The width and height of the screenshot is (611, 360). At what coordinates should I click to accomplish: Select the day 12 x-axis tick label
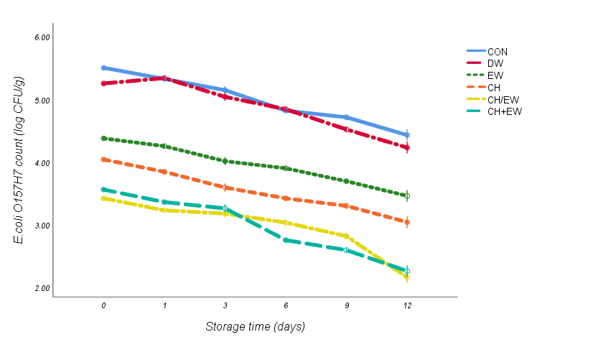(x=407, y=306)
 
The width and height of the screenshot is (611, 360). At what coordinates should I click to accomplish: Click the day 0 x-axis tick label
(x=103, y=306)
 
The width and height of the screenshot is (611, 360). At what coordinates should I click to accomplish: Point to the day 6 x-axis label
(x=286, y=306)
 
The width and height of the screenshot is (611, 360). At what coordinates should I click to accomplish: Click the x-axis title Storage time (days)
(x=255, y=327)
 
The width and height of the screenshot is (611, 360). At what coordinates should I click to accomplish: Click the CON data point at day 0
(x=103, y=68)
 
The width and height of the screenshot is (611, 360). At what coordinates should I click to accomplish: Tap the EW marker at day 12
(x=407, y=195)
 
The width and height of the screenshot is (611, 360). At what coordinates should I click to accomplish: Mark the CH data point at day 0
(x=103, y=160)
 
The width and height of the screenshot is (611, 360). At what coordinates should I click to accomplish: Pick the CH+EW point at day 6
(x=286, y=240)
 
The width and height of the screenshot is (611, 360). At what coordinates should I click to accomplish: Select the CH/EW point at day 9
(x=347, y=236)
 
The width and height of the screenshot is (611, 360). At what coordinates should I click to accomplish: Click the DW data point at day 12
(x=407, y=148)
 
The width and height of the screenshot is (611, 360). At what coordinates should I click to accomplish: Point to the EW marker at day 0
(x=103, y=138)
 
